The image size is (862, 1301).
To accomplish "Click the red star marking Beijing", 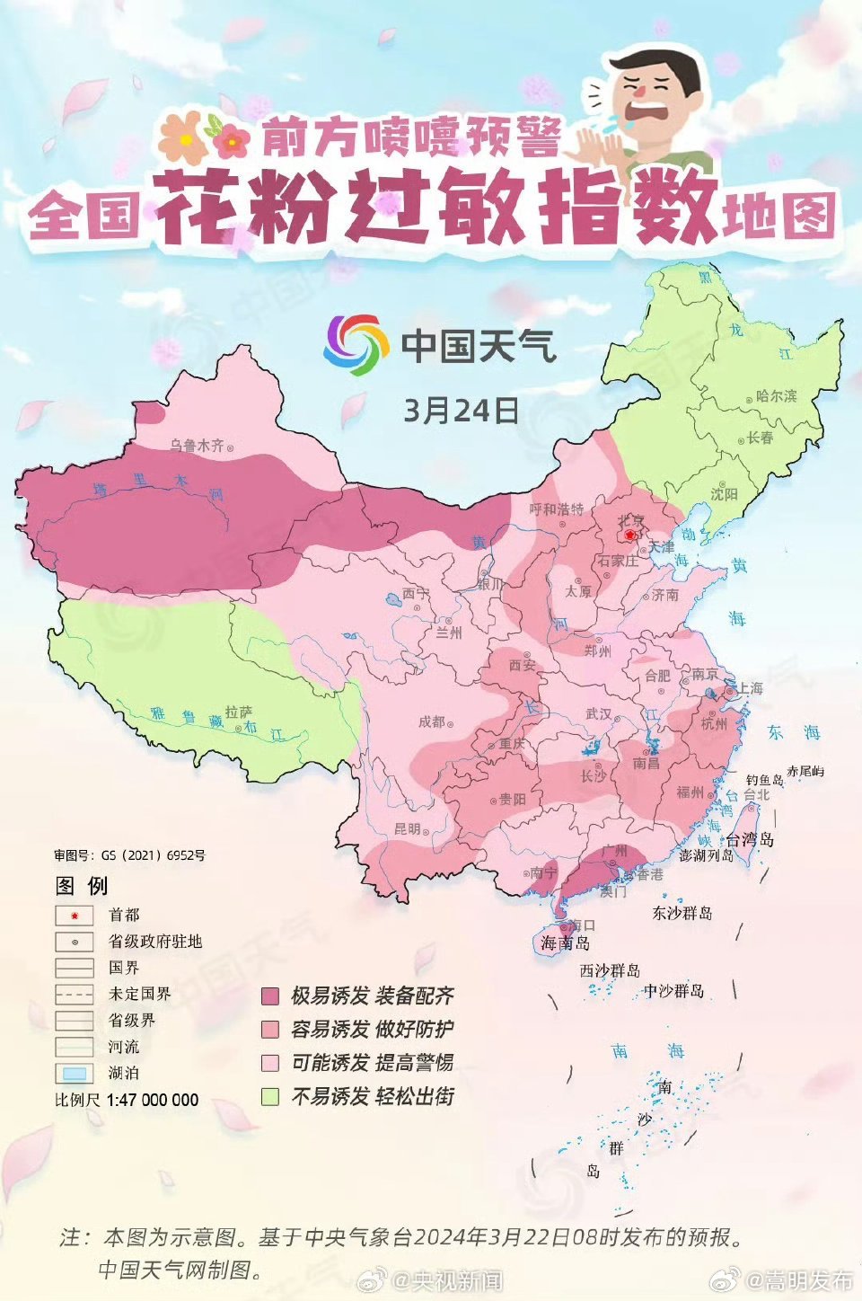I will pyautogui.click(x=630, y=535).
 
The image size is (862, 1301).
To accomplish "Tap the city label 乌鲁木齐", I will pyautogui.click(x=197, y=446).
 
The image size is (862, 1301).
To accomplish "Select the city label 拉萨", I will pyautogui.click(x=238, y=712).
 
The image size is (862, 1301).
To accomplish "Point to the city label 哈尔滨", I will pyautogui.click(x=776, y=396).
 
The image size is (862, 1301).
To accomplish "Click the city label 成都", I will pyautogui.click(x=431, y=721).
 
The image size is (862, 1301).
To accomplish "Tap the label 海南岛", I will pyautogui.click(x=565, y=943).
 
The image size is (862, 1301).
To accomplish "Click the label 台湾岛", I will pyautogui.click(x=749, y=839).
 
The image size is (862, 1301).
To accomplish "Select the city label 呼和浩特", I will pyautogui.click(x=556, y=509).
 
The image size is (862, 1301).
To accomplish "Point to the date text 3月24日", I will pyautogui.click(x=461, y=411).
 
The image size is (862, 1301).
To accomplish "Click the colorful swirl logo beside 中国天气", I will pyautogui.click(x=356, y=344).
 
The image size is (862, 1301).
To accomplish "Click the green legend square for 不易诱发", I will pyautogui.click(x=270, y=1096).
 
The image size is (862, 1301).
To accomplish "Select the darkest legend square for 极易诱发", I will pyautogui.click(x=270, y=996).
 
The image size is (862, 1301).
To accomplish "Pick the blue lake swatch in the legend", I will pyautogui.click(x=75, y=1073).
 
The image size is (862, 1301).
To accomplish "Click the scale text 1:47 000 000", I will pyautogui.click(x=152, y=1100).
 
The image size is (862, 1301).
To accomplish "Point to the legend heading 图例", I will pyautogui.click(x=82, y=886).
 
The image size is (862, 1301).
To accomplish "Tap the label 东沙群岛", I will pyautogui.click(x=682, y=913).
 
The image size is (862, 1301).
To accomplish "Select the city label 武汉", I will pyautogui.click(x=598, y=713).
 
